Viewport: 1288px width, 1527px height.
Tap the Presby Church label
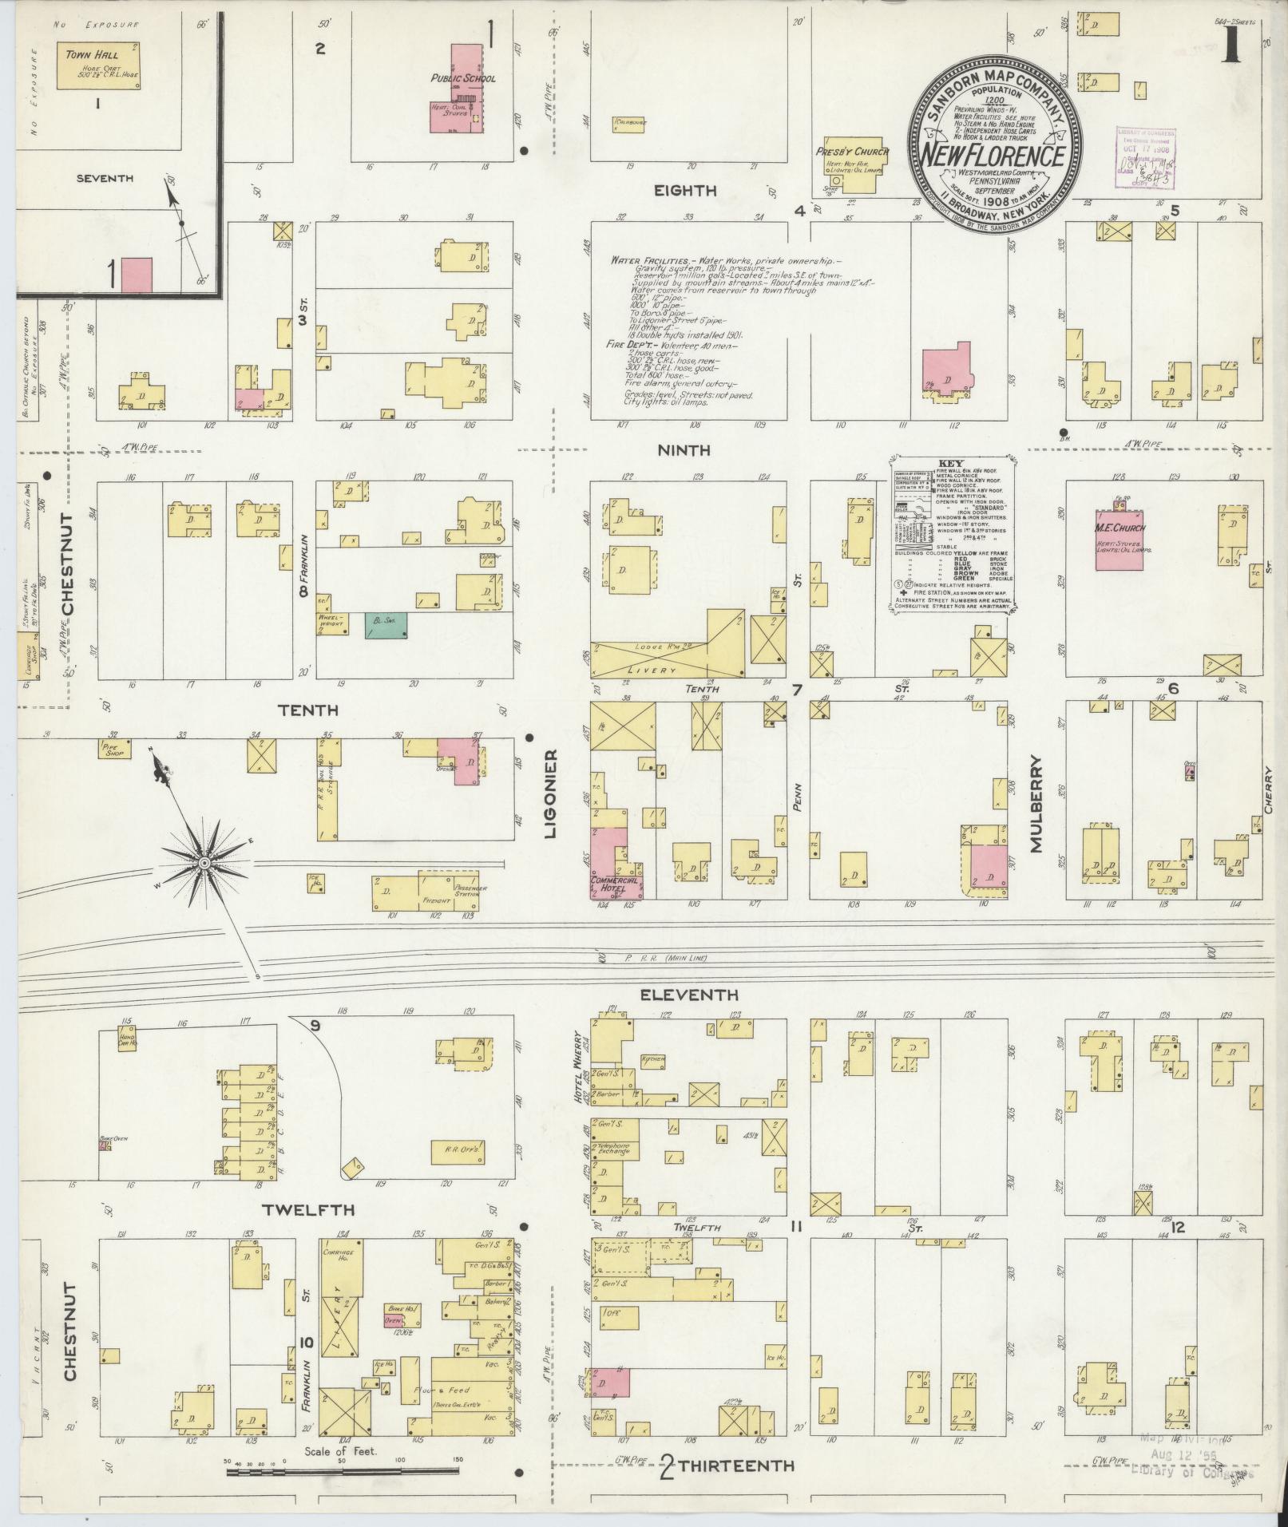(842, 151)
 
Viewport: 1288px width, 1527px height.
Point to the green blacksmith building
(386, 625)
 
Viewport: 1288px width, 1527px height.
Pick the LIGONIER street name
(550, 793)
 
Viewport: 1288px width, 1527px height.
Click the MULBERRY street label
(1037, 806)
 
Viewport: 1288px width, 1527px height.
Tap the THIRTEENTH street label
(738, 1466)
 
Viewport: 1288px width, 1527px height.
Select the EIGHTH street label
(685, 191)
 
